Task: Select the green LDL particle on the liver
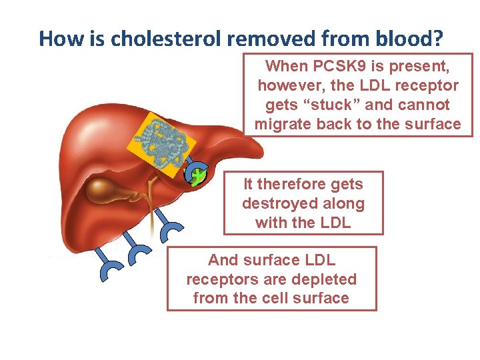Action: [x=198, y=177]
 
